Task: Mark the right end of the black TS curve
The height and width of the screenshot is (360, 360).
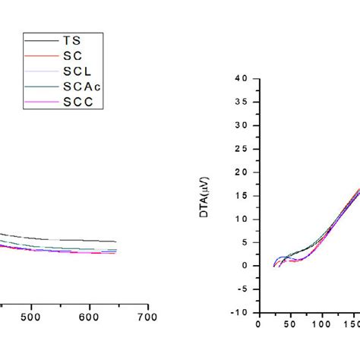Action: pyautogui.click(x=116, y=242)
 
